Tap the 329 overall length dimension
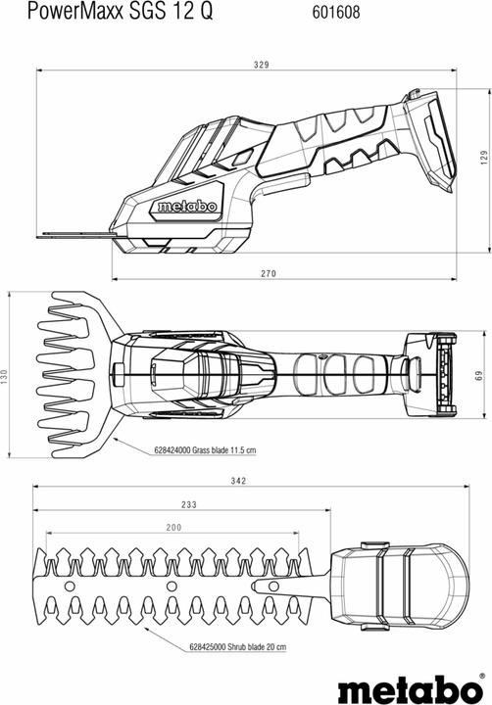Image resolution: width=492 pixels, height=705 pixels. pos(262,65)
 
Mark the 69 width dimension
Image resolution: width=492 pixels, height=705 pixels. pos(477,377)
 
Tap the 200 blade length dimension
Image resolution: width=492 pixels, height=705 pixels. pos(173,528)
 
